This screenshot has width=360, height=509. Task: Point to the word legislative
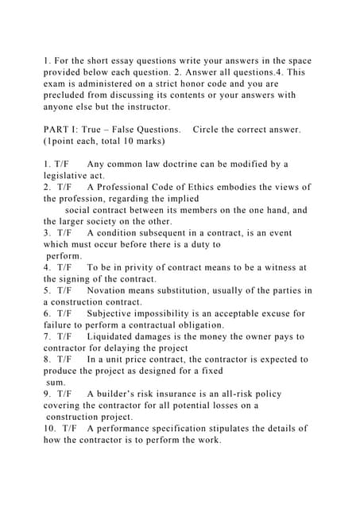tap(69, 176)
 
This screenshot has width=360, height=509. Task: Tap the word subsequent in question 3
tap(168, 233)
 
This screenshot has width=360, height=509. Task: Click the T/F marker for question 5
tap(64, 291)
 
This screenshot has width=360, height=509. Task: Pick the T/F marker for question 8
tap(64, 359)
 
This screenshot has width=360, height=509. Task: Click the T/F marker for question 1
tap(64, 164)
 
